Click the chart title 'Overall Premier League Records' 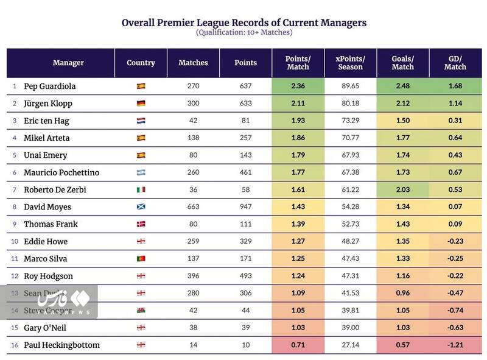tap(244, 23)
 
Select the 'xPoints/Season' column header tap(349, 63)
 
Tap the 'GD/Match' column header tap(455, 63)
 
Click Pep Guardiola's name tap(50, 86)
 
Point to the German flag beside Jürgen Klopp tap(141, 104)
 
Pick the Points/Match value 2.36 tap(297, 86)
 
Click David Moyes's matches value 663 tap(193, 207)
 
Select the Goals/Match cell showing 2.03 tap(402, 190)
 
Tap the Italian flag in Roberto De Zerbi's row tap(141, 190)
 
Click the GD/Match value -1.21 tap(455, 345)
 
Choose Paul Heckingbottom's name tap(61, 345)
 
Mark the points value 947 tap(245, 207)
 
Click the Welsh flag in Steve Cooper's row tap(141, 311)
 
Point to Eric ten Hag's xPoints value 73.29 tap(349, 121)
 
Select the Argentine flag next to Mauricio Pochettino tap(141, 173)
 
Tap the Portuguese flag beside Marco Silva tap(141, 259)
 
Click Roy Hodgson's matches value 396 tap(193, 276)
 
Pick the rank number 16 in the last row tap(14, 345)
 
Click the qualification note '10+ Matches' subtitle tap(244, 33)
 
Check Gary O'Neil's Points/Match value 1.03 tap(297, 328)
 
